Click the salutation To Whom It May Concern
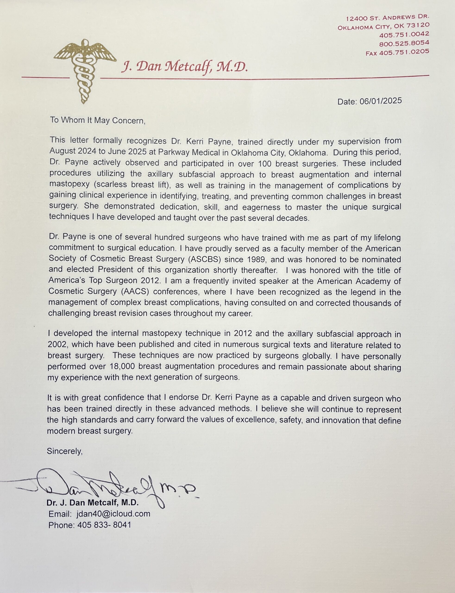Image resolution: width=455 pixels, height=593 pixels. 98,120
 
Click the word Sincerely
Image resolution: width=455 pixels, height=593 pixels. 64,451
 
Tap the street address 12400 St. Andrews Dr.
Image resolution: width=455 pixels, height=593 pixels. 388,18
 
